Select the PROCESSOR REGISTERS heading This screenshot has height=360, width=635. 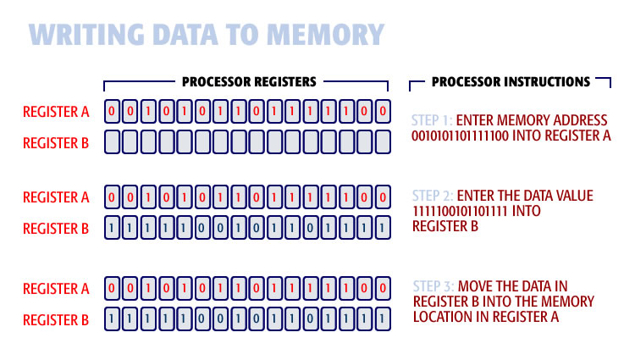(x=249, y=82)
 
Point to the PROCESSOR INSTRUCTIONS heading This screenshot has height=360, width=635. (x=511, y=82)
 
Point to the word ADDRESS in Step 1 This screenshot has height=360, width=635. (x=576, y=119)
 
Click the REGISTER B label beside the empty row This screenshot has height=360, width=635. (x=56, y=143)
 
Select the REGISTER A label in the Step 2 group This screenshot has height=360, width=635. (x=56, y=197)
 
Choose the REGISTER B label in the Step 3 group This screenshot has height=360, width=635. (x=56, y=319)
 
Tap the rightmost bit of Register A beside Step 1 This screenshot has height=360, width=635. (x=383, y=111)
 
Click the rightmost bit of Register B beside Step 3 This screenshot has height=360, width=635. (x=383, y=320)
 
